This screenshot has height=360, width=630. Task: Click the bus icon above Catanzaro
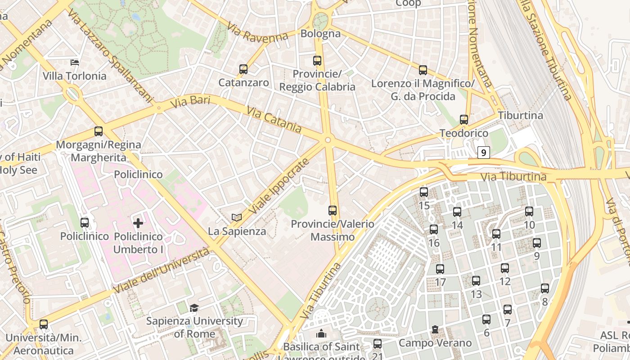[243, 69]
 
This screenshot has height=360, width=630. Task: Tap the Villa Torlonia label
[75, 76]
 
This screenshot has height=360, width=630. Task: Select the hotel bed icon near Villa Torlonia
[75, 62]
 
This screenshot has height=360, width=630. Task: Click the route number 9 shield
[484, 153]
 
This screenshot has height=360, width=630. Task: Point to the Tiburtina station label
[520, 116]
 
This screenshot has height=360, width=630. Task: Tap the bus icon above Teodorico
[464, 120]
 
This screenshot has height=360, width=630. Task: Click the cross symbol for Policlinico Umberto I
[138, 223]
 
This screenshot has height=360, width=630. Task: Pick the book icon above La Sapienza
[237, 218]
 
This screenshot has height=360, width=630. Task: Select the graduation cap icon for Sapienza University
[194, 308]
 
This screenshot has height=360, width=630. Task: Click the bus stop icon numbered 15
[423, 192]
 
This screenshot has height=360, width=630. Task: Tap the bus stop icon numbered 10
[529, 211]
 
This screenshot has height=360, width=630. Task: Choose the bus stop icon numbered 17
[440, 269]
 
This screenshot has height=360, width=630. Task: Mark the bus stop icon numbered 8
[545, 288]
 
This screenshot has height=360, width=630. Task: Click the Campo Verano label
[435, 343]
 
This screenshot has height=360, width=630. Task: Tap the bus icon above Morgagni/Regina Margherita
[99, 131]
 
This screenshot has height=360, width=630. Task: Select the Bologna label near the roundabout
[320, 34]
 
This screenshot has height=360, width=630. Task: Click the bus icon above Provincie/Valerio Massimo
[333, 210]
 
